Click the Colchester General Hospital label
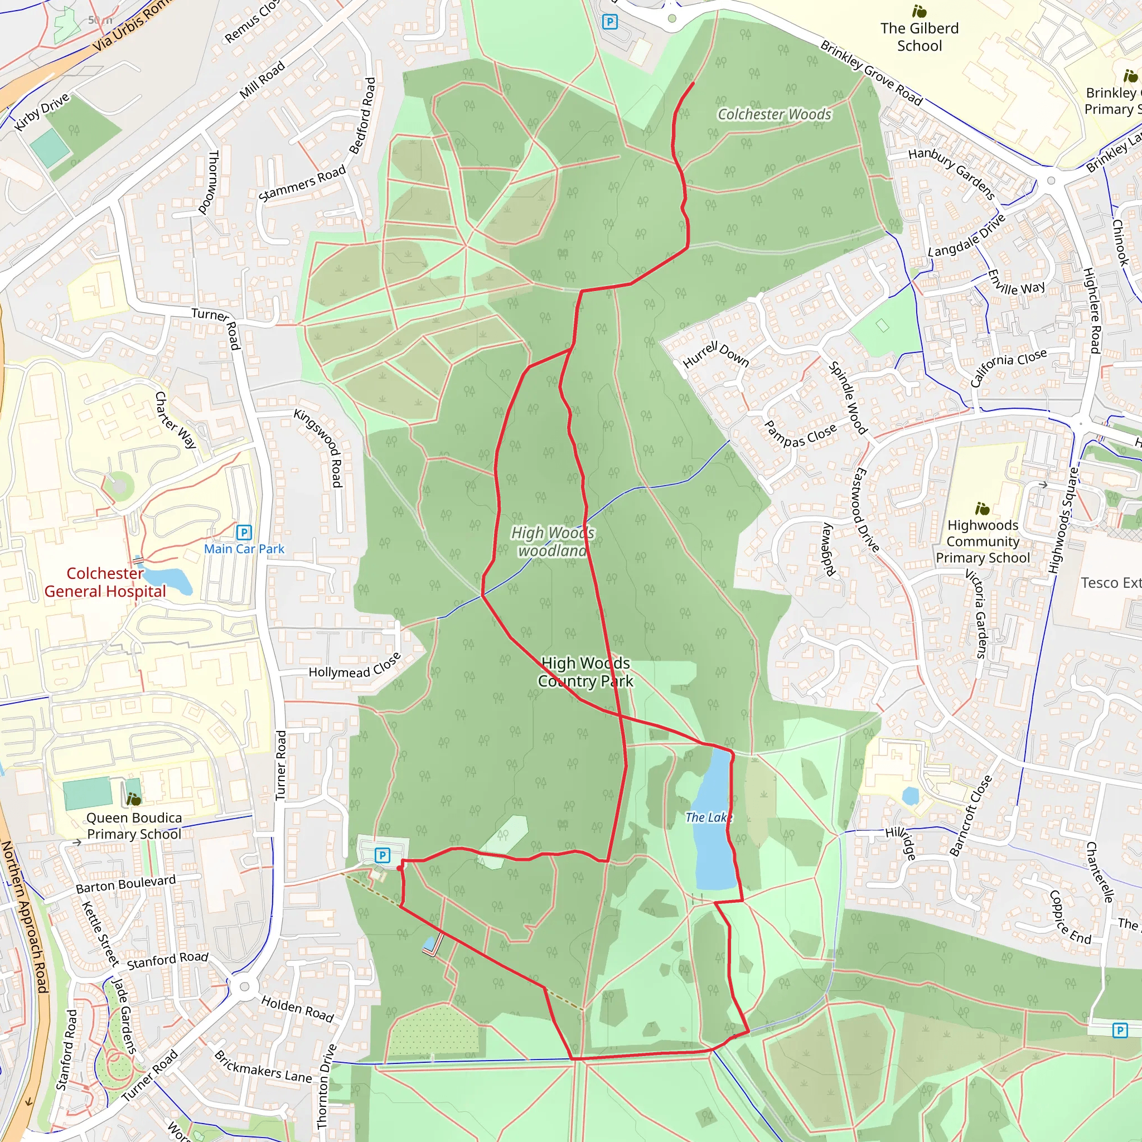click(x=105, y=582)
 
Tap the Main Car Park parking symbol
click(x=244, y=533)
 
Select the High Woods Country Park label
click(x=585, y=672)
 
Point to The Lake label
click(x=708, y=817)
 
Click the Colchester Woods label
click(x=775, y=114)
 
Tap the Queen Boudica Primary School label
click(x=134, y=826)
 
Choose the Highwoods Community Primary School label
click(x=983, y=541)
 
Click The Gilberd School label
click(x=919, y=37)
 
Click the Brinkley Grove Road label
click(x=872, y=72)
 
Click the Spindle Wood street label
click(x=848, y=398)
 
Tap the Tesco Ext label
click(x=1110, y=583)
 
